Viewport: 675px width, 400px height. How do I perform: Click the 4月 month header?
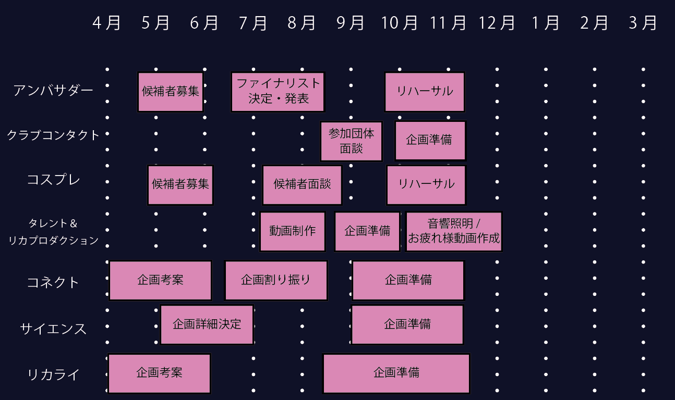[x=107, y=23]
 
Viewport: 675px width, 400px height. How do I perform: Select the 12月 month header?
[x=497, y=23]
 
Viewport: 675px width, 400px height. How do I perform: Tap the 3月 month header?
[x=643, y=23]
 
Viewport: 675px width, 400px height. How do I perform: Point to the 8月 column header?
[x=302, y=23]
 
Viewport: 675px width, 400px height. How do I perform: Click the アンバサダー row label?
[x=53, y=91]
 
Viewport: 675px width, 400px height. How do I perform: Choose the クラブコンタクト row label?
[x=53, y=135]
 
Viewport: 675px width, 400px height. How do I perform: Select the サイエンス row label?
[x=53, y=329]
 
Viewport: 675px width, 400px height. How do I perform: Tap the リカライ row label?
[x=53, y=374]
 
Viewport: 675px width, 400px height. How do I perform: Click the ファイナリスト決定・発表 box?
[x=278, y=92]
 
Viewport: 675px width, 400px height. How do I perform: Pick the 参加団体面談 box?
[x=351, y=141]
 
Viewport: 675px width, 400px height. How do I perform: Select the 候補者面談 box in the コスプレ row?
[x=302, y=185]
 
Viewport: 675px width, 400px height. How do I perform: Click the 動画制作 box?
[x=293, y=231]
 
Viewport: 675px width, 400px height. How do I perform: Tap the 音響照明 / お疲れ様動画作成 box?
[x=454, y=231]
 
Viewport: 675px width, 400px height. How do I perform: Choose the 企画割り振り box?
[x=276, y=280]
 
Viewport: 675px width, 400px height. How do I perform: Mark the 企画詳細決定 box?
[x=207, y=324]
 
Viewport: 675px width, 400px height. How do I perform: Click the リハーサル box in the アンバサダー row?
[x=425, y=92]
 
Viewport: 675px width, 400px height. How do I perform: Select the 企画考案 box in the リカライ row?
[x=159, y=373]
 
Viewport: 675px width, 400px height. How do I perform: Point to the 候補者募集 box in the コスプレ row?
[x=180, y=185]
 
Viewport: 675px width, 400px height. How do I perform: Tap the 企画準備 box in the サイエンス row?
[x=407, y=324]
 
